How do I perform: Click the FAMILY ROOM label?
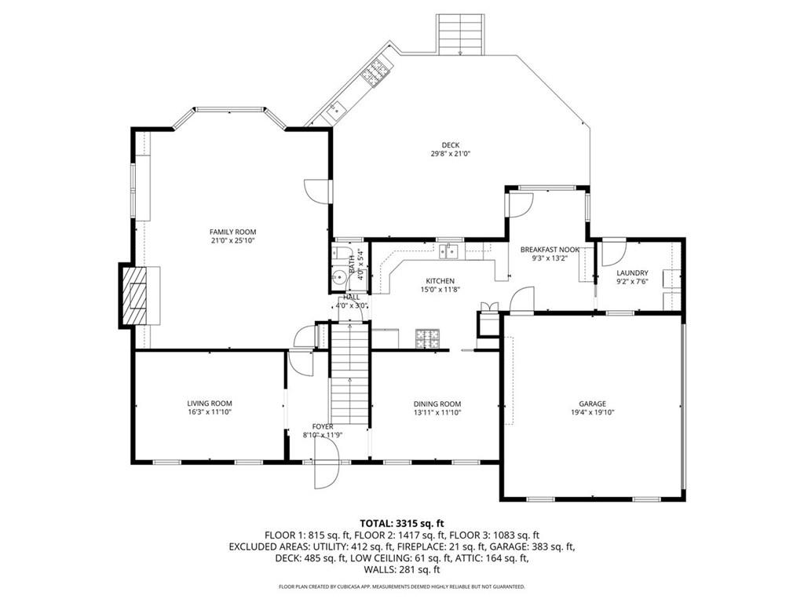point(232,232)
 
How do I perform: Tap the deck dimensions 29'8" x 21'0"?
point(450,154)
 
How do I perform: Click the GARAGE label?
point(593,404)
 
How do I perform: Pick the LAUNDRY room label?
point(632,272)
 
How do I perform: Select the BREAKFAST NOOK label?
point(550,250)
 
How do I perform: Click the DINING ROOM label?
point(437,404)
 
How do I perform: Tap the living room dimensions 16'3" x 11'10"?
point(209,411)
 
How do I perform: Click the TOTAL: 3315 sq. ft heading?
point(401,522)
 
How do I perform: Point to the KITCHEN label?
point(440,281)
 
